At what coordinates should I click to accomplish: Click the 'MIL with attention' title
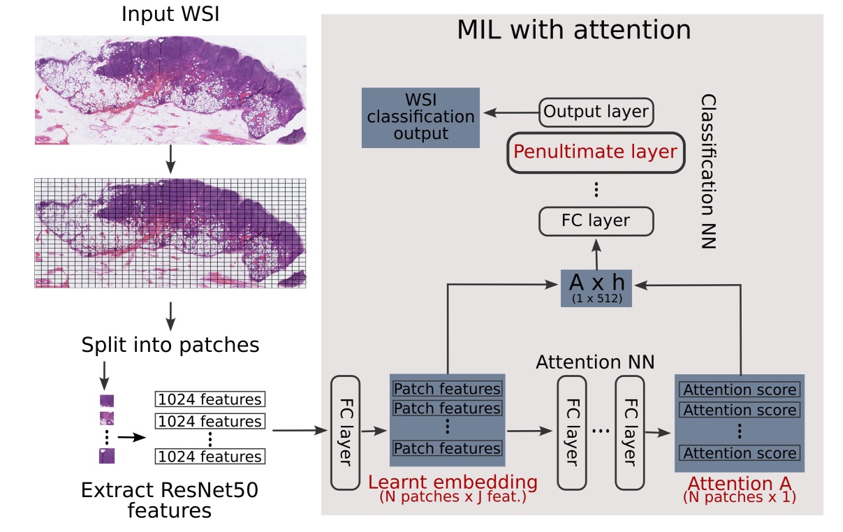click(x=573, y=30)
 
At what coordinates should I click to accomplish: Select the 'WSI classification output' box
click(x=420, y=117)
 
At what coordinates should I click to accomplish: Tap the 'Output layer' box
click(x=596, y=112)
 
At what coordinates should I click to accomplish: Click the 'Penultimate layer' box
click(x=595, y=152)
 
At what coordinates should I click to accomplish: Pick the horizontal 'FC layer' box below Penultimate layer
click(x=596, y=221)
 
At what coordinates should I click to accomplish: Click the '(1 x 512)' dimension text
click(x=596, y=300)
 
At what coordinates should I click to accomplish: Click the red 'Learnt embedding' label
click(x=453, y=482)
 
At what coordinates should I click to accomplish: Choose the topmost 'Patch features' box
click(x=447, y=389)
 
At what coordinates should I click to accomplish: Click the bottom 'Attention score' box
click(x=740, y=453)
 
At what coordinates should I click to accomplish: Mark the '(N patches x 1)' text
click(x=740, y=497)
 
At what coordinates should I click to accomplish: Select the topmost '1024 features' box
click(x=210, y=400)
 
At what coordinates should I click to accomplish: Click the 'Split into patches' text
click(x=170, y=345)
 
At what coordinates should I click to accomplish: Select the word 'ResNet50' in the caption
click(x=210, y=490)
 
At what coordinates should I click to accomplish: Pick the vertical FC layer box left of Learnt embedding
click(x=344, y=432)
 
